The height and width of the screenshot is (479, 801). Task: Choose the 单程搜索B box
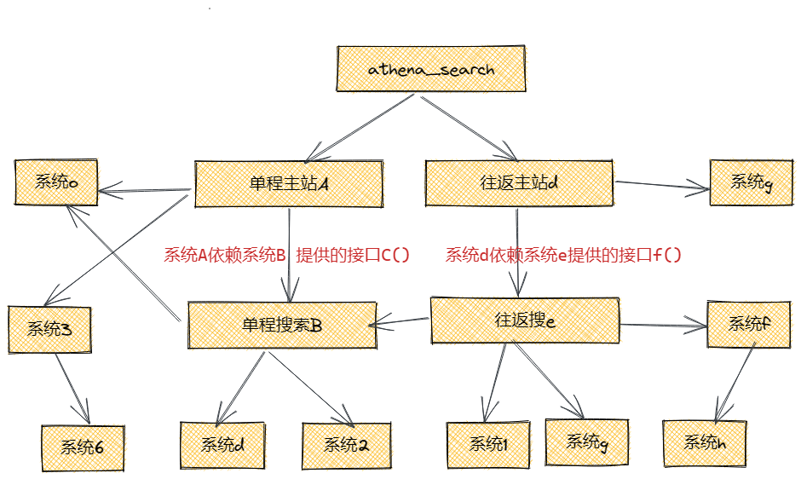click(281, 324)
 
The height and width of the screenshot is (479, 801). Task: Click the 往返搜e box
click(525, 320)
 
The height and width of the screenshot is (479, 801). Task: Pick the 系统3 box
click(49, 329)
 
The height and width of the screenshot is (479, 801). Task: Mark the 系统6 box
click(82, 448)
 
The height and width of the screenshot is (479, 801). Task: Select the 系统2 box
click(346, 445)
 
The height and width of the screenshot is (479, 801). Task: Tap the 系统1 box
click(489, 445)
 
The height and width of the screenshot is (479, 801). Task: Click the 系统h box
click(704, 443)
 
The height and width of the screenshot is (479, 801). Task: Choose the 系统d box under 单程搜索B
click(223, 445)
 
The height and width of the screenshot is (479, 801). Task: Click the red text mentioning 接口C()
click(287, 255)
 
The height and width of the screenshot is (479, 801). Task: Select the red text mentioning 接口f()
click(564, 255)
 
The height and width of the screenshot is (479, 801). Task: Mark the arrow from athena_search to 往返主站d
click(468, 128)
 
